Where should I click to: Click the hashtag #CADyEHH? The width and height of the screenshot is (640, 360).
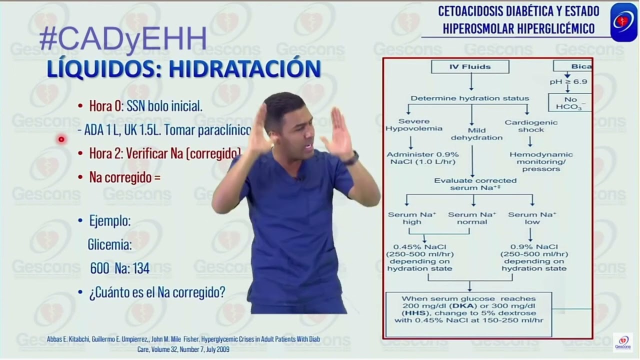[x=122, y=38]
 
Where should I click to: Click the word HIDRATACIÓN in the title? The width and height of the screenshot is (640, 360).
[x=244, y=68]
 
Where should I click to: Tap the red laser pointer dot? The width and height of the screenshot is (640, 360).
[x=61, y=139]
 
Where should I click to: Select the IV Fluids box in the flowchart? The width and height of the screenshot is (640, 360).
[x=469, y=66]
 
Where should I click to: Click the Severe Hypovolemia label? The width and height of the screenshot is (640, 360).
[x=413, y=125]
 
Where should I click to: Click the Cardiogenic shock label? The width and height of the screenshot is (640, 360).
[x=530, y=125]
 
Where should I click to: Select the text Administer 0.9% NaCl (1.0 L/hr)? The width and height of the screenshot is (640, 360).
[x=416, y=158]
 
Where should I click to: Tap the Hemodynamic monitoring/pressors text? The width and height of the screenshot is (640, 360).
[x=541, y=161]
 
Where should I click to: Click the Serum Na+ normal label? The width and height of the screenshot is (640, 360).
[x=471, y=218]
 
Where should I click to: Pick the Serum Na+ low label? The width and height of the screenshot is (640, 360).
[x=532, y=218]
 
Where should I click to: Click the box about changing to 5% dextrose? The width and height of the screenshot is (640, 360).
[x=468, y=313]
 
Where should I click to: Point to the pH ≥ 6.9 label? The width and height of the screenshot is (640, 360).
[x=568, y=81]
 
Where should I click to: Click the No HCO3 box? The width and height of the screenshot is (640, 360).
[x=570, y=103]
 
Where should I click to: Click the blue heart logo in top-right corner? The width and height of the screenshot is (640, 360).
[x=623, y=21]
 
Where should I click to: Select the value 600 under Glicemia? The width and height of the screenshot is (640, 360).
[x=99, y=268]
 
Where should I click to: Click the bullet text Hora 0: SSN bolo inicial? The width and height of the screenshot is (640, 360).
[x=145, y=106]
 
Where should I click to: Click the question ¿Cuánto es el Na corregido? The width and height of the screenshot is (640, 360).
[x=157, y=292]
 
